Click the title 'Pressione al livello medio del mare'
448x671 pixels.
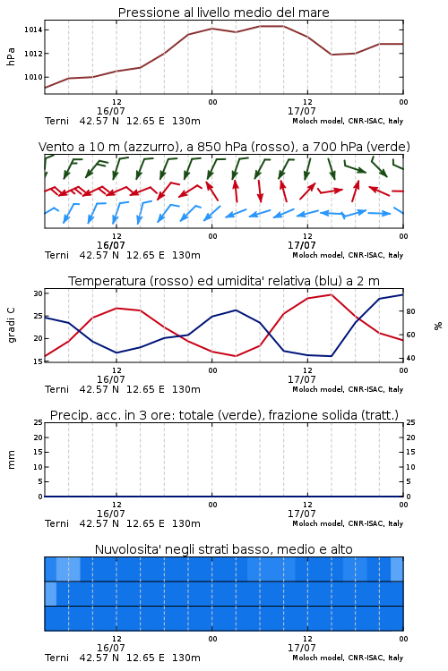223,13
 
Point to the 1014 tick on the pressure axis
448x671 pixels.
33,30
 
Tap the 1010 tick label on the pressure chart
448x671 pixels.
33,77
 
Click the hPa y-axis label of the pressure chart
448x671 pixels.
11,56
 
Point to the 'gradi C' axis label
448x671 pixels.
12,326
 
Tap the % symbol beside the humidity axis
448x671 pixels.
438,326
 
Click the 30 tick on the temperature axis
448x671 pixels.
39,293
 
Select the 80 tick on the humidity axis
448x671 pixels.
410,311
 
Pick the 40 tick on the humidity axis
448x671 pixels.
410,358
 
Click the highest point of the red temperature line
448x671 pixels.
332,294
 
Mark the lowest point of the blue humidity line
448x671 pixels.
332,356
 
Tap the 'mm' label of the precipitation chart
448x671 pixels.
11,460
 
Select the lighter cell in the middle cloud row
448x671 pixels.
50,593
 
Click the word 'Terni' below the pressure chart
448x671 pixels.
56,121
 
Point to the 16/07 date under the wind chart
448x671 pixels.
110,245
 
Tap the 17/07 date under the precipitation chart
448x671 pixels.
301,514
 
